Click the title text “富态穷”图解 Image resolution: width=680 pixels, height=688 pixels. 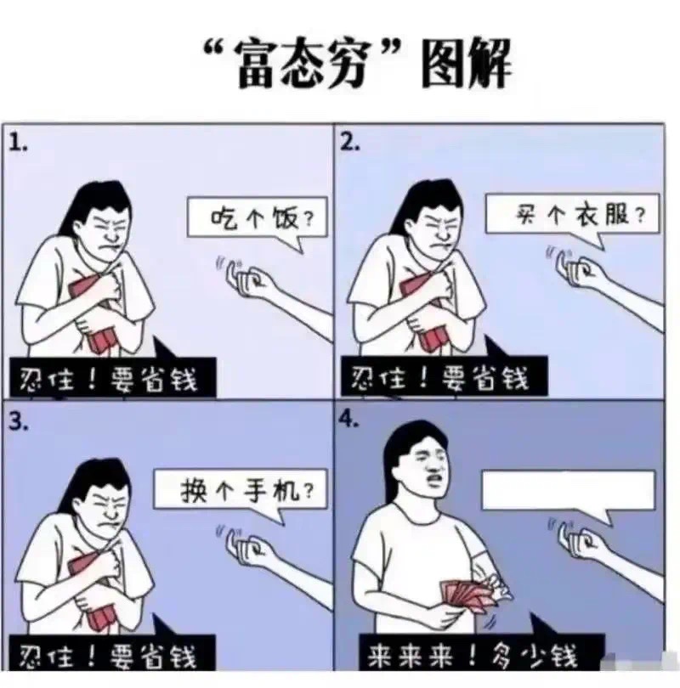pyautogui.click(x=358, y=64)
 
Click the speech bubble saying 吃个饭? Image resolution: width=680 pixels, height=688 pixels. pyautogui.click(x=258, y=221)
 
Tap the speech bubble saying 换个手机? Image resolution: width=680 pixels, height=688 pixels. pyautogui.click(x=241, y=493)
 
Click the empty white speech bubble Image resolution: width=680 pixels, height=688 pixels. pyautogui.click(x=569, y=493)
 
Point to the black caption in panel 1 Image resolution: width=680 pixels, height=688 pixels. pyautogui.click(x=113, y=378)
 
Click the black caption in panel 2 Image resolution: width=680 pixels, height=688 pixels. pyautogui.click(x=445, y=376)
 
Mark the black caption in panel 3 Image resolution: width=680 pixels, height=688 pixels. pyautogui.click(x=112, y=655)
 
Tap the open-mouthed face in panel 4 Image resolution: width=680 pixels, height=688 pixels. pyautogui.click(x=428, y=466)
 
